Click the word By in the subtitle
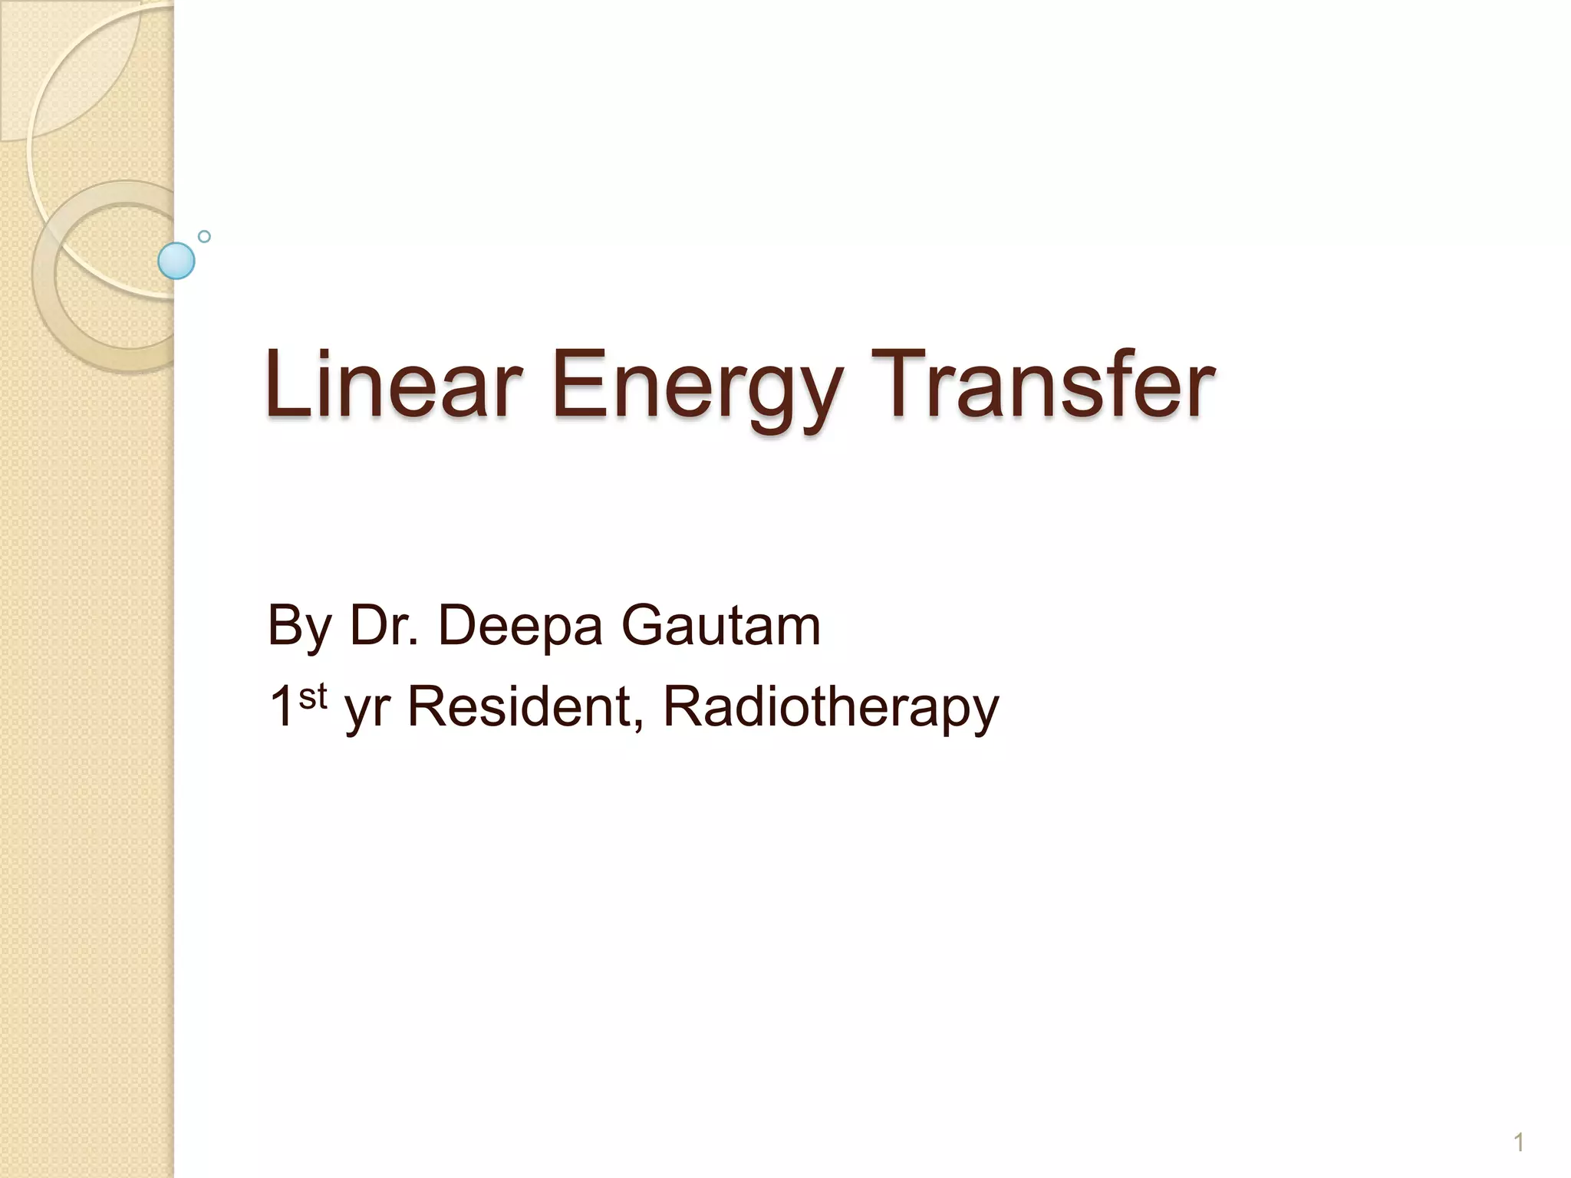click(x=299, y=627)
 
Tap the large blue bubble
click(x=176, y=261)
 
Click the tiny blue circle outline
click(x=204, y=236)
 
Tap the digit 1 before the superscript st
click(x=281, y=706)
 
